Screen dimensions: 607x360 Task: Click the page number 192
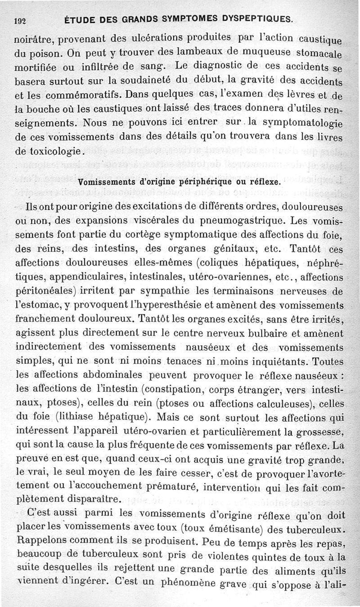click(x=19, y=20)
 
